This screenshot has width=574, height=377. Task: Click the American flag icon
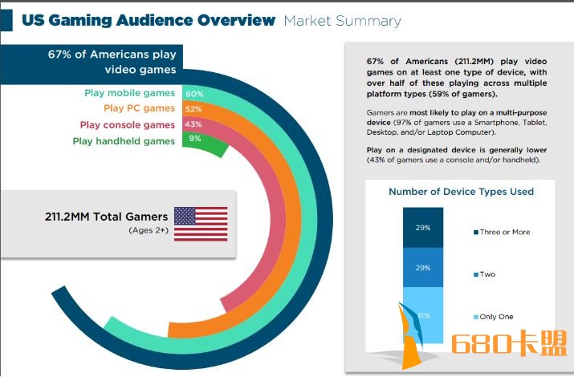(x=201, y=224)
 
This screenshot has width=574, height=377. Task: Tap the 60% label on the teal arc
(x=194, y=94)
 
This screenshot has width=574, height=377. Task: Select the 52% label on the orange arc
(x=193, y=109)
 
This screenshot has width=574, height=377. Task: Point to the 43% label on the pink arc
(x=193, y=124)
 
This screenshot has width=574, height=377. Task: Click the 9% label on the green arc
(x=195, y=139)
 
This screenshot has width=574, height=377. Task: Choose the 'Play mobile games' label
(x=129, y=93)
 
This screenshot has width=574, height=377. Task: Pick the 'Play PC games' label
(x=139, y=108)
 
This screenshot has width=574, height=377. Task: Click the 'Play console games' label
(x=128, y=125)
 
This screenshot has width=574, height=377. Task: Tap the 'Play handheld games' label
(x=124, y=141)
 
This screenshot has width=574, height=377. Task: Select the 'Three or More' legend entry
(x=502, y=232)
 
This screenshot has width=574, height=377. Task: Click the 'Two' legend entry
(x=484, y=274)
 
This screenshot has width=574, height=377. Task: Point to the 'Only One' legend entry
(x=494, y=317)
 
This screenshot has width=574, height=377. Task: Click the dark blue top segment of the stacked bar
(x=423, y=228)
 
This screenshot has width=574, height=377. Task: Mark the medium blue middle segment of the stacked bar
(x=423, y=268)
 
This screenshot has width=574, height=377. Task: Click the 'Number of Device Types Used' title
(x=462, y=192)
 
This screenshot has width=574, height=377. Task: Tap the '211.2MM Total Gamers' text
(x=106, y=217)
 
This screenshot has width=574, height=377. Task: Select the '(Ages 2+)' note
(x=149, y=230)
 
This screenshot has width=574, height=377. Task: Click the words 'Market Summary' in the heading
(x=342, y=21)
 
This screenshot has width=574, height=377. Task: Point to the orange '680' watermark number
(x=486, y=344)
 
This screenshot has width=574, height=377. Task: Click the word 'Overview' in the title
(x=236, y=20)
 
